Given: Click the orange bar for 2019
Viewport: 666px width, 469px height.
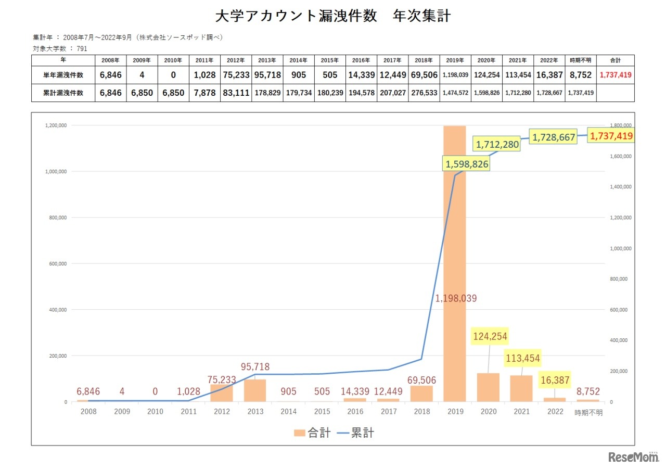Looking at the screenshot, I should click(454, 234).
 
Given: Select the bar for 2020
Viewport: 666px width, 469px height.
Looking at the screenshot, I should click(488, 387).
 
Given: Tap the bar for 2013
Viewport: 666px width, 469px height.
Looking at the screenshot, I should click(255, 390).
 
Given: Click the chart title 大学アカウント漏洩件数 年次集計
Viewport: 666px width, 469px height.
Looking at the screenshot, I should click(333, 16).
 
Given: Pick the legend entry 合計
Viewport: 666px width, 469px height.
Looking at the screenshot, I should click(312, 433).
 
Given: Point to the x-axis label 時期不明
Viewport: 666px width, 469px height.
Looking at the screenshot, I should click(588, 412).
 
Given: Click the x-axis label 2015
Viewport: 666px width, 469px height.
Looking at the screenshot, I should click(322, 412).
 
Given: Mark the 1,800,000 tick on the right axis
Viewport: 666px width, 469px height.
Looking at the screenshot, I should click(620, 125).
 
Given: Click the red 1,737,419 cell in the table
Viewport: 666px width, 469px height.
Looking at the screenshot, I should click(616, 75).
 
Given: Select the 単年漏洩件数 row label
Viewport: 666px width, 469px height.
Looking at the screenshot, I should click(63, 75).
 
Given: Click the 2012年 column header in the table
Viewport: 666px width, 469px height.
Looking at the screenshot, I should click(236, 60).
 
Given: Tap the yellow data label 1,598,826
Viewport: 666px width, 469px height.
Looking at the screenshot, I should click(467, 164).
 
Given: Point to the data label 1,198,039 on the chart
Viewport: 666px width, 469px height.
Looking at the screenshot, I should click(456, 298).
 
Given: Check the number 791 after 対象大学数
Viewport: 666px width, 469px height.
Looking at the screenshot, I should click(82, 48).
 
